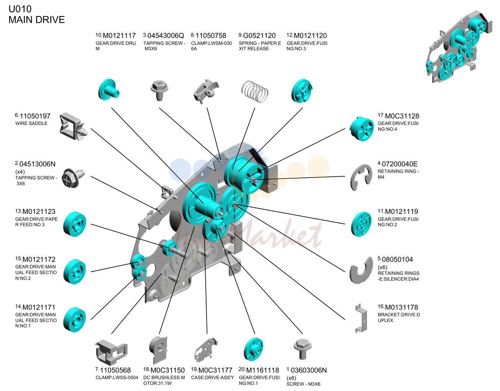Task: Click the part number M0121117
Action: (119, 36)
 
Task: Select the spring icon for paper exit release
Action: (255, 91)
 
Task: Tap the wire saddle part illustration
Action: (73, 127)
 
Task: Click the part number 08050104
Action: (397, 260)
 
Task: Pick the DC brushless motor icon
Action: (158, 350)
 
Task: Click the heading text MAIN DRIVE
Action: (36, 20)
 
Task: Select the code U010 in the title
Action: (20, 9)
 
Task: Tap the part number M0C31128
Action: (402, 116)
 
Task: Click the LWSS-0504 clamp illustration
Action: (111, 353)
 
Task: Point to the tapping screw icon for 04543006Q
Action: (159, 90)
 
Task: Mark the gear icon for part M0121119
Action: (361, 224)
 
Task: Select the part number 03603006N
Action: (309, 370)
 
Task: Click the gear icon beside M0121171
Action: (75, 319)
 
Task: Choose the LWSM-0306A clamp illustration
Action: (206, 91)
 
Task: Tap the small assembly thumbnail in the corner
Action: (459, 47)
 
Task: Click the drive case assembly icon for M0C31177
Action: (206, 350)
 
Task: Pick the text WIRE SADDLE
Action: (31, 123)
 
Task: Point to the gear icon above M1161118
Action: (253, 349)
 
